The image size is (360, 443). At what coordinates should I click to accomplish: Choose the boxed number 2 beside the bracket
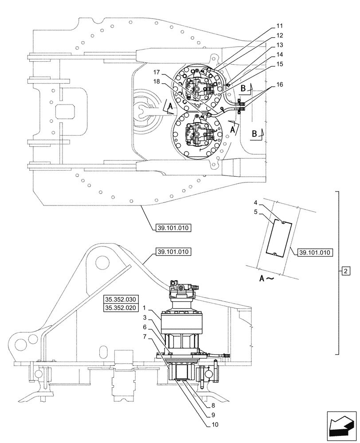coord(348,270)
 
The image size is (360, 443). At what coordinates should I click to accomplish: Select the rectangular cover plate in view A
coord(278,237)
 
